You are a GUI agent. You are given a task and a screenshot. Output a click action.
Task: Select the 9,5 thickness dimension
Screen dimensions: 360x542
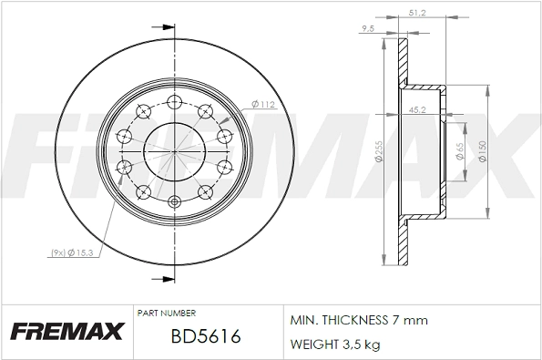(x=369, y=29)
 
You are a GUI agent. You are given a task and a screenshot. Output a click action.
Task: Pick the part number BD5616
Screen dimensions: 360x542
(x=205, y=337)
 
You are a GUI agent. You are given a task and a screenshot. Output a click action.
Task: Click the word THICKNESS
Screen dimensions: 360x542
(x=355, y=322)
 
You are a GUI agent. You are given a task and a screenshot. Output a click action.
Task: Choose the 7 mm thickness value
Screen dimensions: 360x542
(x=411, y=322)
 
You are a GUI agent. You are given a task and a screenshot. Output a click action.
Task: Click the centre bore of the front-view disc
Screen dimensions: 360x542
(x=174, y=150)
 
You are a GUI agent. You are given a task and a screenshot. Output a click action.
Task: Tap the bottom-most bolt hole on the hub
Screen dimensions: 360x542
(x=174, y=202)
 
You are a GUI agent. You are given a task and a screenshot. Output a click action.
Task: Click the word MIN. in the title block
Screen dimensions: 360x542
(x=303, y=322)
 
